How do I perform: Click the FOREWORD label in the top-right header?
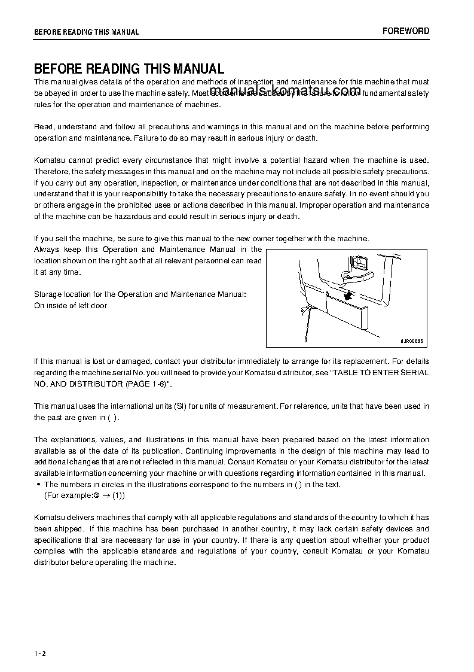(x=406, y=31)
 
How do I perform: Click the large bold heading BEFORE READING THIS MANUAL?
(x=129, y=69)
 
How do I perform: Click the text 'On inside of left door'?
(x=71, y=306)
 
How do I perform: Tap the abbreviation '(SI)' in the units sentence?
(x=180, y=406)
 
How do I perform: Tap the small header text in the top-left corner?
(x=86, y=32)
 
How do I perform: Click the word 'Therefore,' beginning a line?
(x=52, y=171)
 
